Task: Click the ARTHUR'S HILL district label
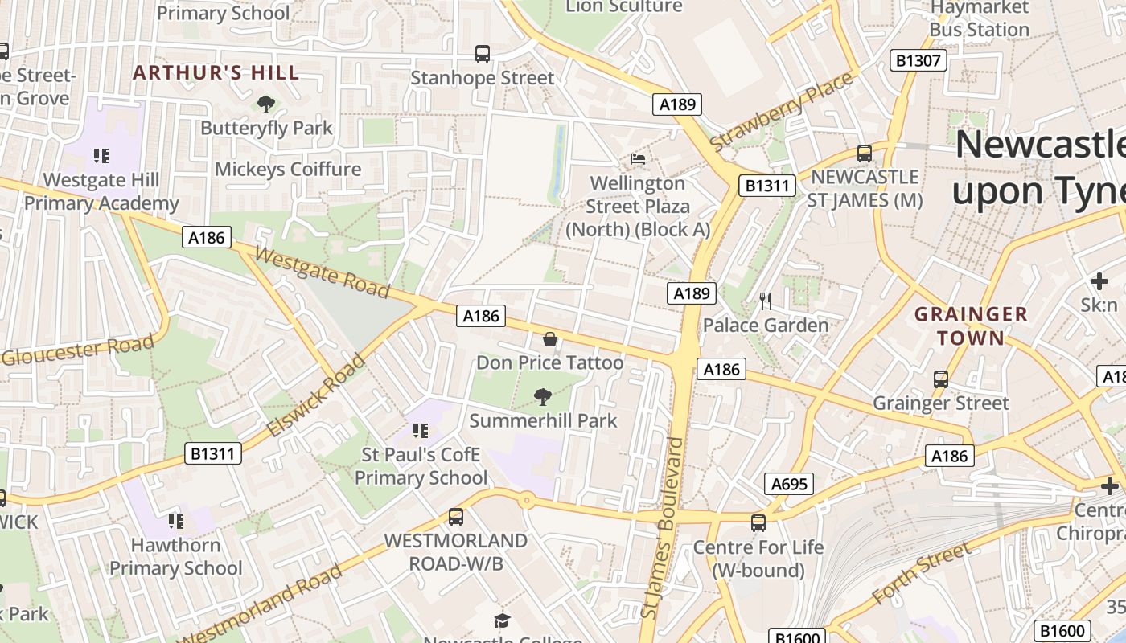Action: (216, 73)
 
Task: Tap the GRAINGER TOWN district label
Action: (971, 326)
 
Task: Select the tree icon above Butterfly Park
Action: (265, 104)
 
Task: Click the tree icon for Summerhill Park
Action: (543, 395)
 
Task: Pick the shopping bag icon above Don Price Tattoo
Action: (550, 339)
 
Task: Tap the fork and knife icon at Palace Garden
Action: (766, 301)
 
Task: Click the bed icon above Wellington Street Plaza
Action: (638, 158)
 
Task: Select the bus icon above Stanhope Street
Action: (483, 54)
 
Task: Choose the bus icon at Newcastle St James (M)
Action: (865, 153)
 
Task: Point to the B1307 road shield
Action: (918, 60)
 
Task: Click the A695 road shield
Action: (788, 484)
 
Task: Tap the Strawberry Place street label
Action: (781, 112)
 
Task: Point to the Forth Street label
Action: (922, 575)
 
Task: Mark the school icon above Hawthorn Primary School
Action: (175, 522)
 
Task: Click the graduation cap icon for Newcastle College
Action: (503, 620)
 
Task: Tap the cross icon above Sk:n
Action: (1099, 281)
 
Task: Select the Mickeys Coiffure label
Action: (288, 170)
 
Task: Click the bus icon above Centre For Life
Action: (758, 523)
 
